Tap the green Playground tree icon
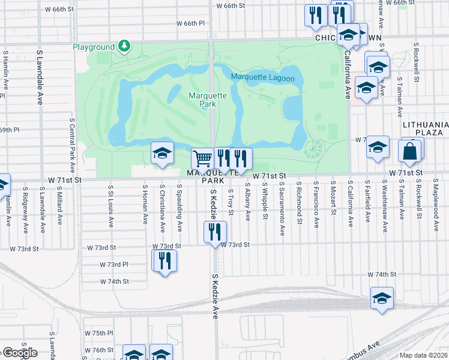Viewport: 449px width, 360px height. pos(124,46)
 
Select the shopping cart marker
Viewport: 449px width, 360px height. pos(203,159)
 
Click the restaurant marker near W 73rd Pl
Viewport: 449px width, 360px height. pos(164,261)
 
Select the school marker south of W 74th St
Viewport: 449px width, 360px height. pos(382,298)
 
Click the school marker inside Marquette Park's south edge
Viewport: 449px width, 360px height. pos(162,154)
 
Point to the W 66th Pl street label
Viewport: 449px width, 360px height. pos(191,23)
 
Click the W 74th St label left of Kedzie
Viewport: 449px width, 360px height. pos(115,281)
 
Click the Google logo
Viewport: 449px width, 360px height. pos(19,353)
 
